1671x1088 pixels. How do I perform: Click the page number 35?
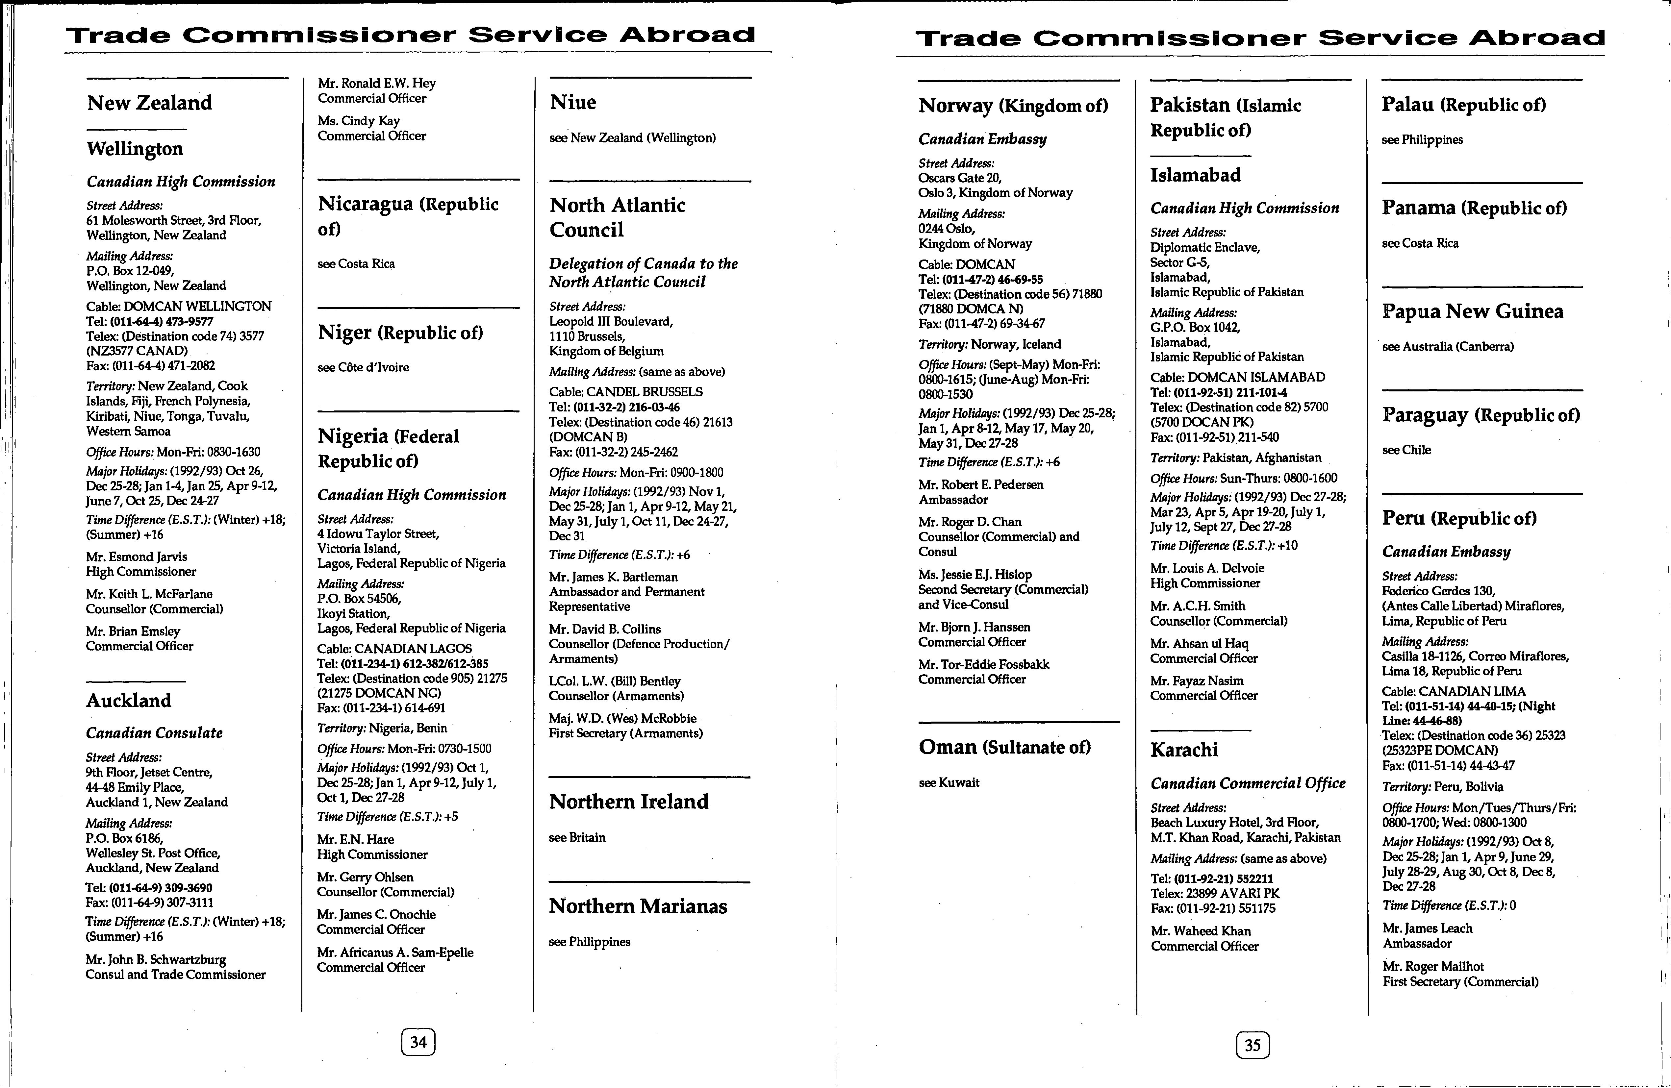click(x=1253, y=1045)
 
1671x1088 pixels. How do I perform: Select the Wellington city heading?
click(x=135, y=149)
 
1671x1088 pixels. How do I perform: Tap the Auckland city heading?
click(x=129, y=701)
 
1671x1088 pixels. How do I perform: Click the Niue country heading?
click(x=573, y=103)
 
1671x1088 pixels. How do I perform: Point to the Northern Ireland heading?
click(x=628, y=802)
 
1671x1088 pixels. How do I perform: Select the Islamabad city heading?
click(x=1195, y=175)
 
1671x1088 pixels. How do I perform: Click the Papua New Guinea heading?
click(x=1472, y=312)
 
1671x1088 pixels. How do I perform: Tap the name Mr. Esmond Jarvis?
click(x=137, y=556)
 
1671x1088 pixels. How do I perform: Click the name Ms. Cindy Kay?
click(x=359, y=121)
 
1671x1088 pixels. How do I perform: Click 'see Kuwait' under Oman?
click(x=949, y=783)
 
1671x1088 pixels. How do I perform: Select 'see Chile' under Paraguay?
click(x=1406, y=450)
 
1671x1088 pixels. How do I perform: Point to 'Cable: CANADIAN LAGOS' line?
click(x=394, y=649)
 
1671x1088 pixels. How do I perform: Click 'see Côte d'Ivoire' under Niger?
click(x=363, y=367)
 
